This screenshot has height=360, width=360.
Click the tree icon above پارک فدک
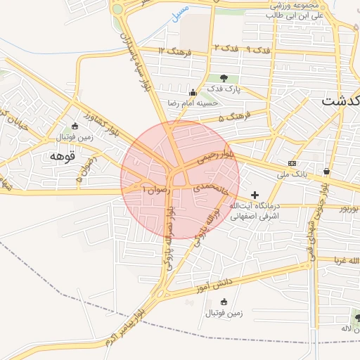coord(224,78)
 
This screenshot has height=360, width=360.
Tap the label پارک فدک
coord(224,89)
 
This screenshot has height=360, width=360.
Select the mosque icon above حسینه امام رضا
coord(193,92)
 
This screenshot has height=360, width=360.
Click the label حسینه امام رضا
coord(193,103)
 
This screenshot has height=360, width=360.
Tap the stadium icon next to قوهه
coord(75,126)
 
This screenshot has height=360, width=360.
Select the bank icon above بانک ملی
coord(292,163)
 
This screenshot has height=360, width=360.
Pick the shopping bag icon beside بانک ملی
coord(327,171)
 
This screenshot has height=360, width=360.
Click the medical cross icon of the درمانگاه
coord(254,194)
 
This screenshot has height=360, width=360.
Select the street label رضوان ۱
coord(155,190)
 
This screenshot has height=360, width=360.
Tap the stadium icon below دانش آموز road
coord(224,302)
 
